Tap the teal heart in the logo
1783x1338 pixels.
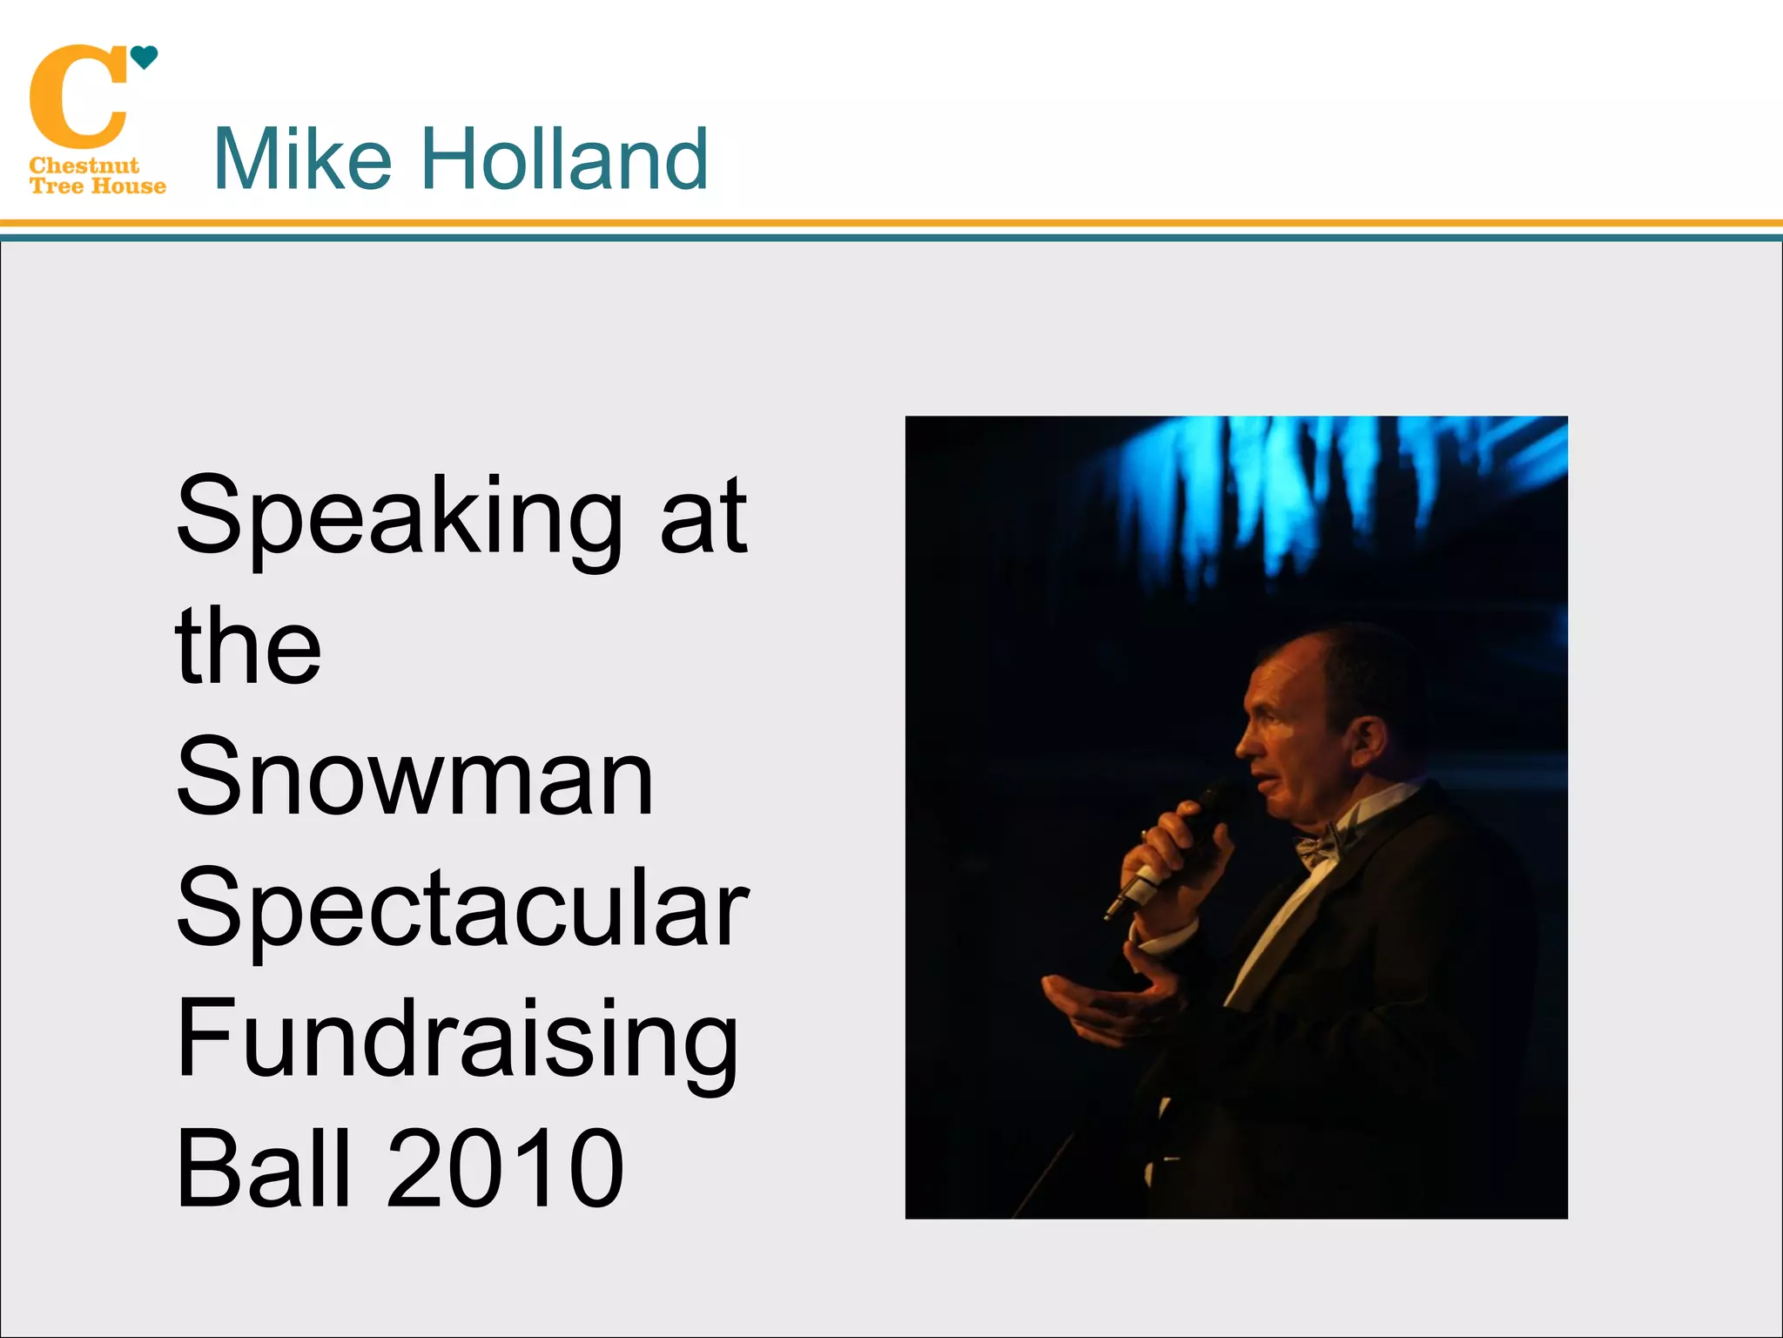tap(144, 57)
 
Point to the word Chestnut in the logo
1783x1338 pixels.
tap(84, 166)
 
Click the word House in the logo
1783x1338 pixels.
tap(129, 186)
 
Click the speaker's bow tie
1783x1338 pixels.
tap(1319, 845)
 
